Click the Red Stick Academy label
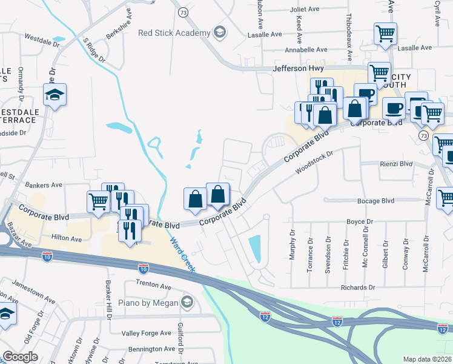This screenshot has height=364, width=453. (x=174, y=33)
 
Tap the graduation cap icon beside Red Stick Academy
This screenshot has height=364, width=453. (x=220, y=33)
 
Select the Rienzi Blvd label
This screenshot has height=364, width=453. (x=395, y=163)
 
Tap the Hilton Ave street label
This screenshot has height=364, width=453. (x=67, y=239)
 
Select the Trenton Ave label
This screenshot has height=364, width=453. (x=138, y=285)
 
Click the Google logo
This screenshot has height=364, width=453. (x=20, y=357)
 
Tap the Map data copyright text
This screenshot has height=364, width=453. (x=428, y=359)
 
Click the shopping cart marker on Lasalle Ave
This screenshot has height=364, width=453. (x=385, y=35)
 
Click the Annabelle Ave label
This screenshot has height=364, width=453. (x=307, y=50)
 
